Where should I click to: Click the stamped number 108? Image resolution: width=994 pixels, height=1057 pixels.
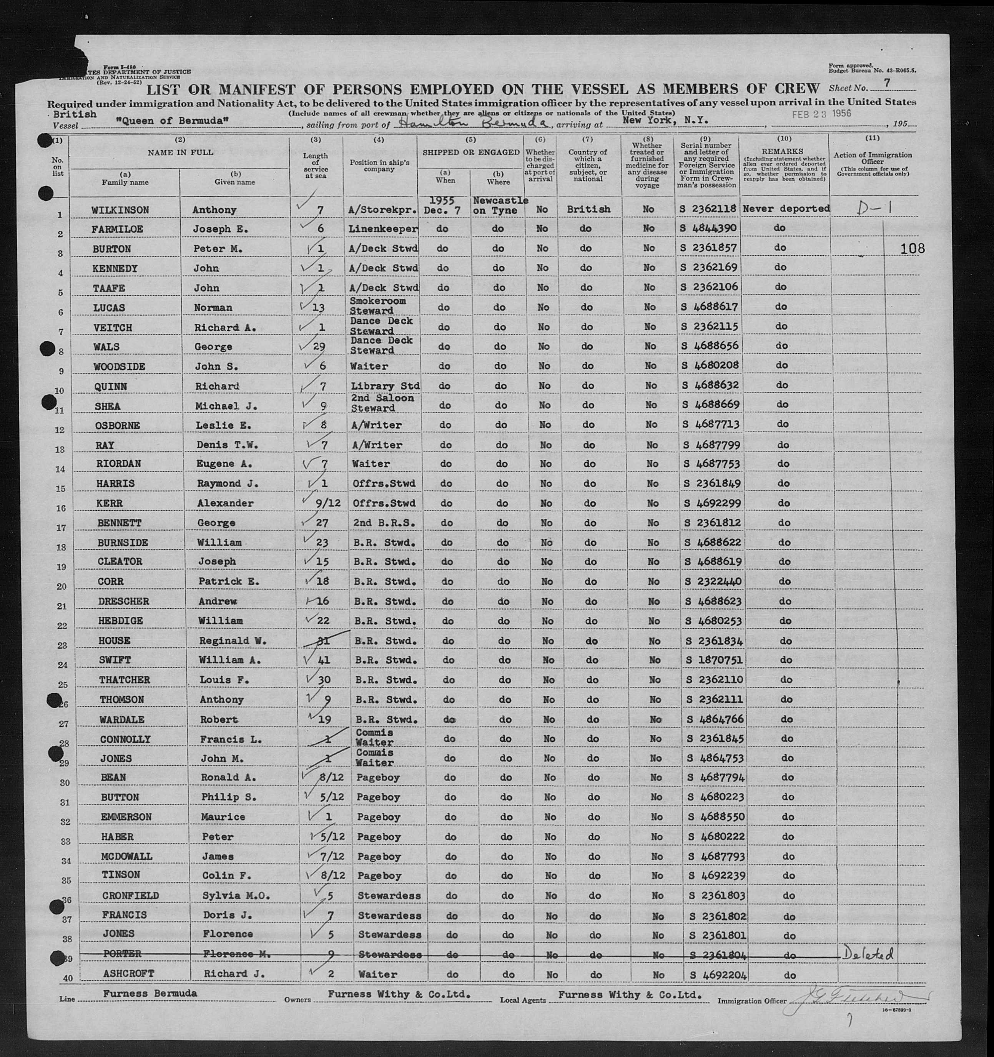(x=913, y=248)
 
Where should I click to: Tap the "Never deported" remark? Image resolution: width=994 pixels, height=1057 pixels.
(x=786, y=209)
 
